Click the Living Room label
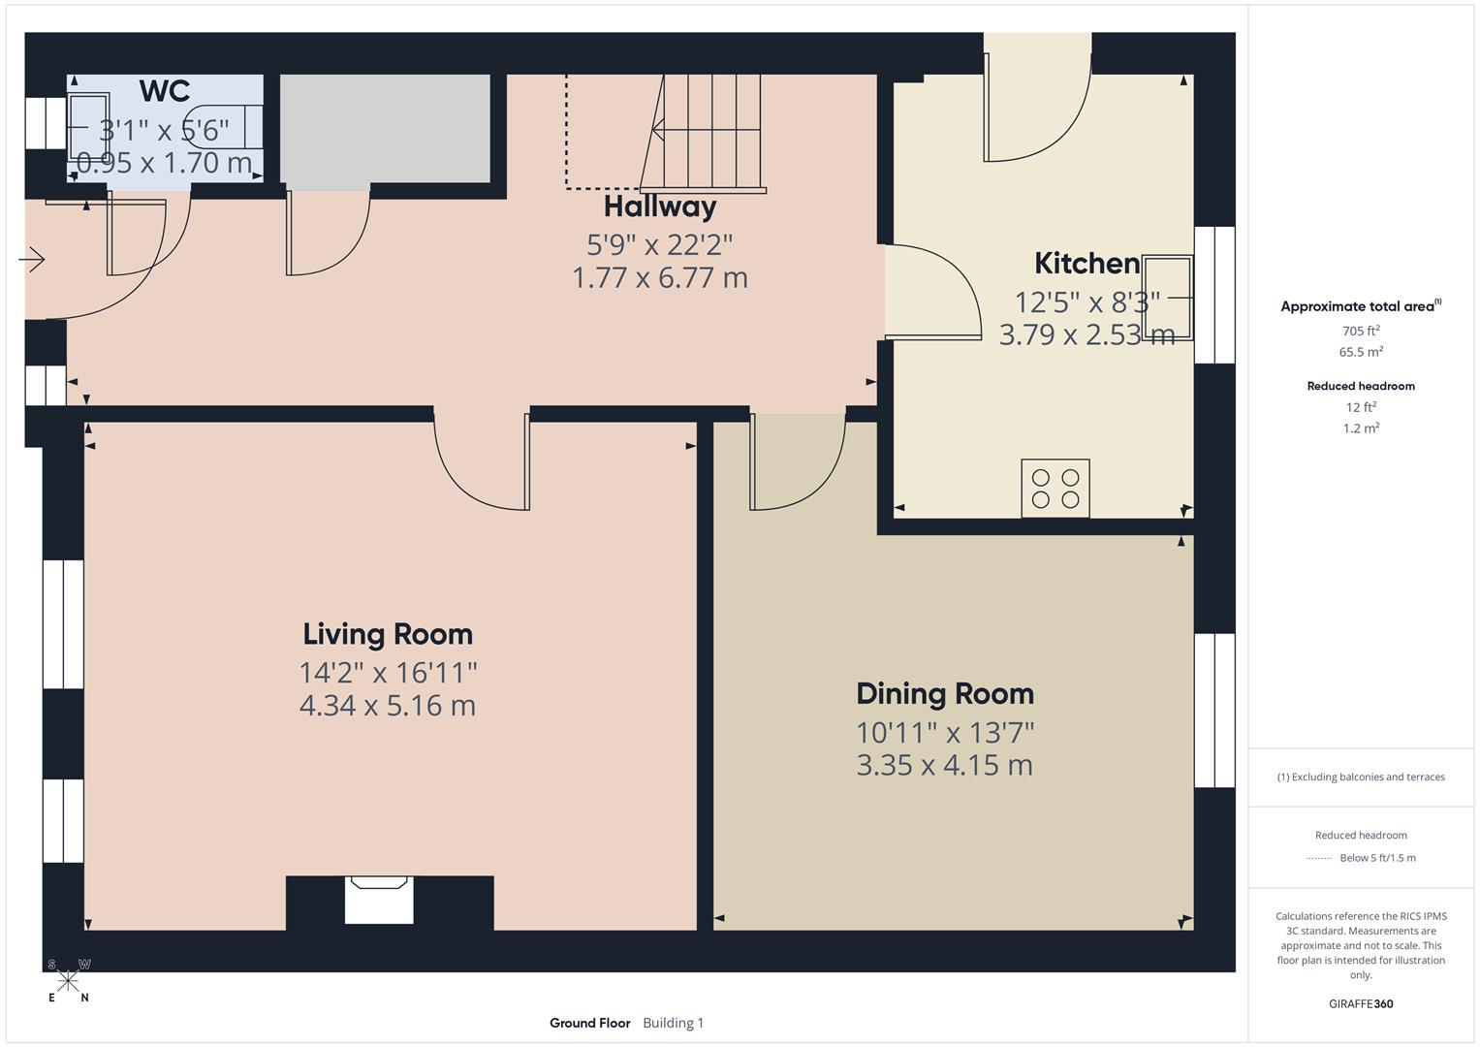pyautogui.click(x=388, y=634)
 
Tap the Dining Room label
pyautogui.click(x=945, y=694)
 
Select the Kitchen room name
pyautogui.click(x=1086, y=264)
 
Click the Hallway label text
pyautogui.click(x=660, y=206)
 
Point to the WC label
pyautogui.click(x=165, y=91)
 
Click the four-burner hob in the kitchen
pyautogui.click(x=1055, y=489)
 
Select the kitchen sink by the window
pyautogui.click(x=1168, y=297)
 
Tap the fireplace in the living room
pyautogui.click(x=380, y=900)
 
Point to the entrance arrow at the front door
pyautogui.click(x=32, y=260)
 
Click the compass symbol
pyautogui.click(x=68, y=981)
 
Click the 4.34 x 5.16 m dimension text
pyautogui.click(x=388, y=706)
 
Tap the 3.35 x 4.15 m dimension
pyautogui.click(x=945, y=765)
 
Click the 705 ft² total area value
pyautogui.click(x=1361, y=331)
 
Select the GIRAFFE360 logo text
pyautogui.click(x=1361, y=1003)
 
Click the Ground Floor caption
pyautogui.click(x=589, y=1023)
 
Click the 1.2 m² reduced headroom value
pyautogui.click(x=1361, y=428)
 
